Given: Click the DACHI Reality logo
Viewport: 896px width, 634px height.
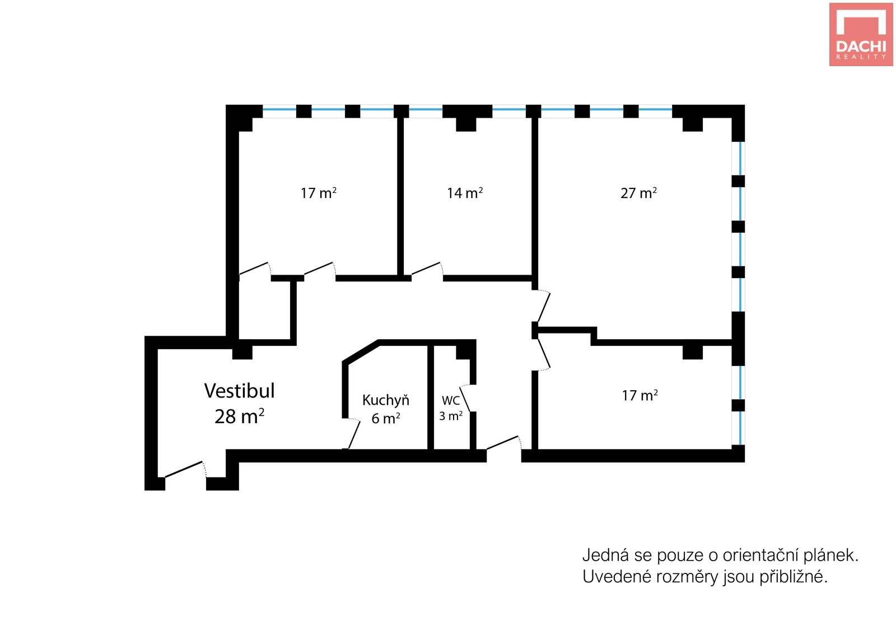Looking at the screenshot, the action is pos(861,34).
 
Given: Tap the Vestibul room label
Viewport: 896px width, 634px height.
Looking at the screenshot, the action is pos(239,391).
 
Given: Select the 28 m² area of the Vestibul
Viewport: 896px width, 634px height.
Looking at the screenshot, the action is pos(239,416).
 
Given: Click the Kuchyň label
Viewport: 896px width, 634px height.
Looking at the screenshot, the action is pos(386,400).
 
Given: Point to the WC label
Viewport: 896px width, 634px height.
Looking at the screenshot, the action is pos(451,400).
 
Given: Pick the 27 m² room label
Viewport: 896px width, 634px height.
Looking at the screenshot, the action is pos(638,193).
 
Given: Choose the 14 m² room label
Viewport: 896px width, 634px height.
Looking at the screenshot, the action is pos(465,193).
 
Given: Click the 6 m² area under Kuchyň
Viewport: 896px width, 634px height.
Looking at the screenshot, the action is pos(386,418).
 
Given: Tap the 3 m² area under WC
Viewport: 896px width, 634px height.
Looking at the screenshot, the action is pos(451,416).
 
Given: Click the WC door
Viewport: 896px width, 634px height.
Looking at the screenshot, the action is pos(465,398).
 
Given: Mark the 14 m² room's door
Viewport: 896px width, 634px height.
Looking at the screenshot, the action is pos(427,269).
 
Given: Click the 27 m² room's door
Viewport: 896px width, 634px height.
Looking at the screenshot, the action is pos(544,307).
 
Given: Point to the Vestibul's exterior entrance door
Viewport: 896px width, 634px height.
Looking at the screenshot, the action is pos(185,469).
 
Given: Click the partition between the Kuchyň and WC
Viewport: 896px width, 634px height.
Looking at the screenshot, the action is pos(431,397).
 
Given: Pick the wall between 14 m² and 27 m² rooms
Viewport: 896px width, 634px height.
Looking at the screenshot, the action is pos(534,197).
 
